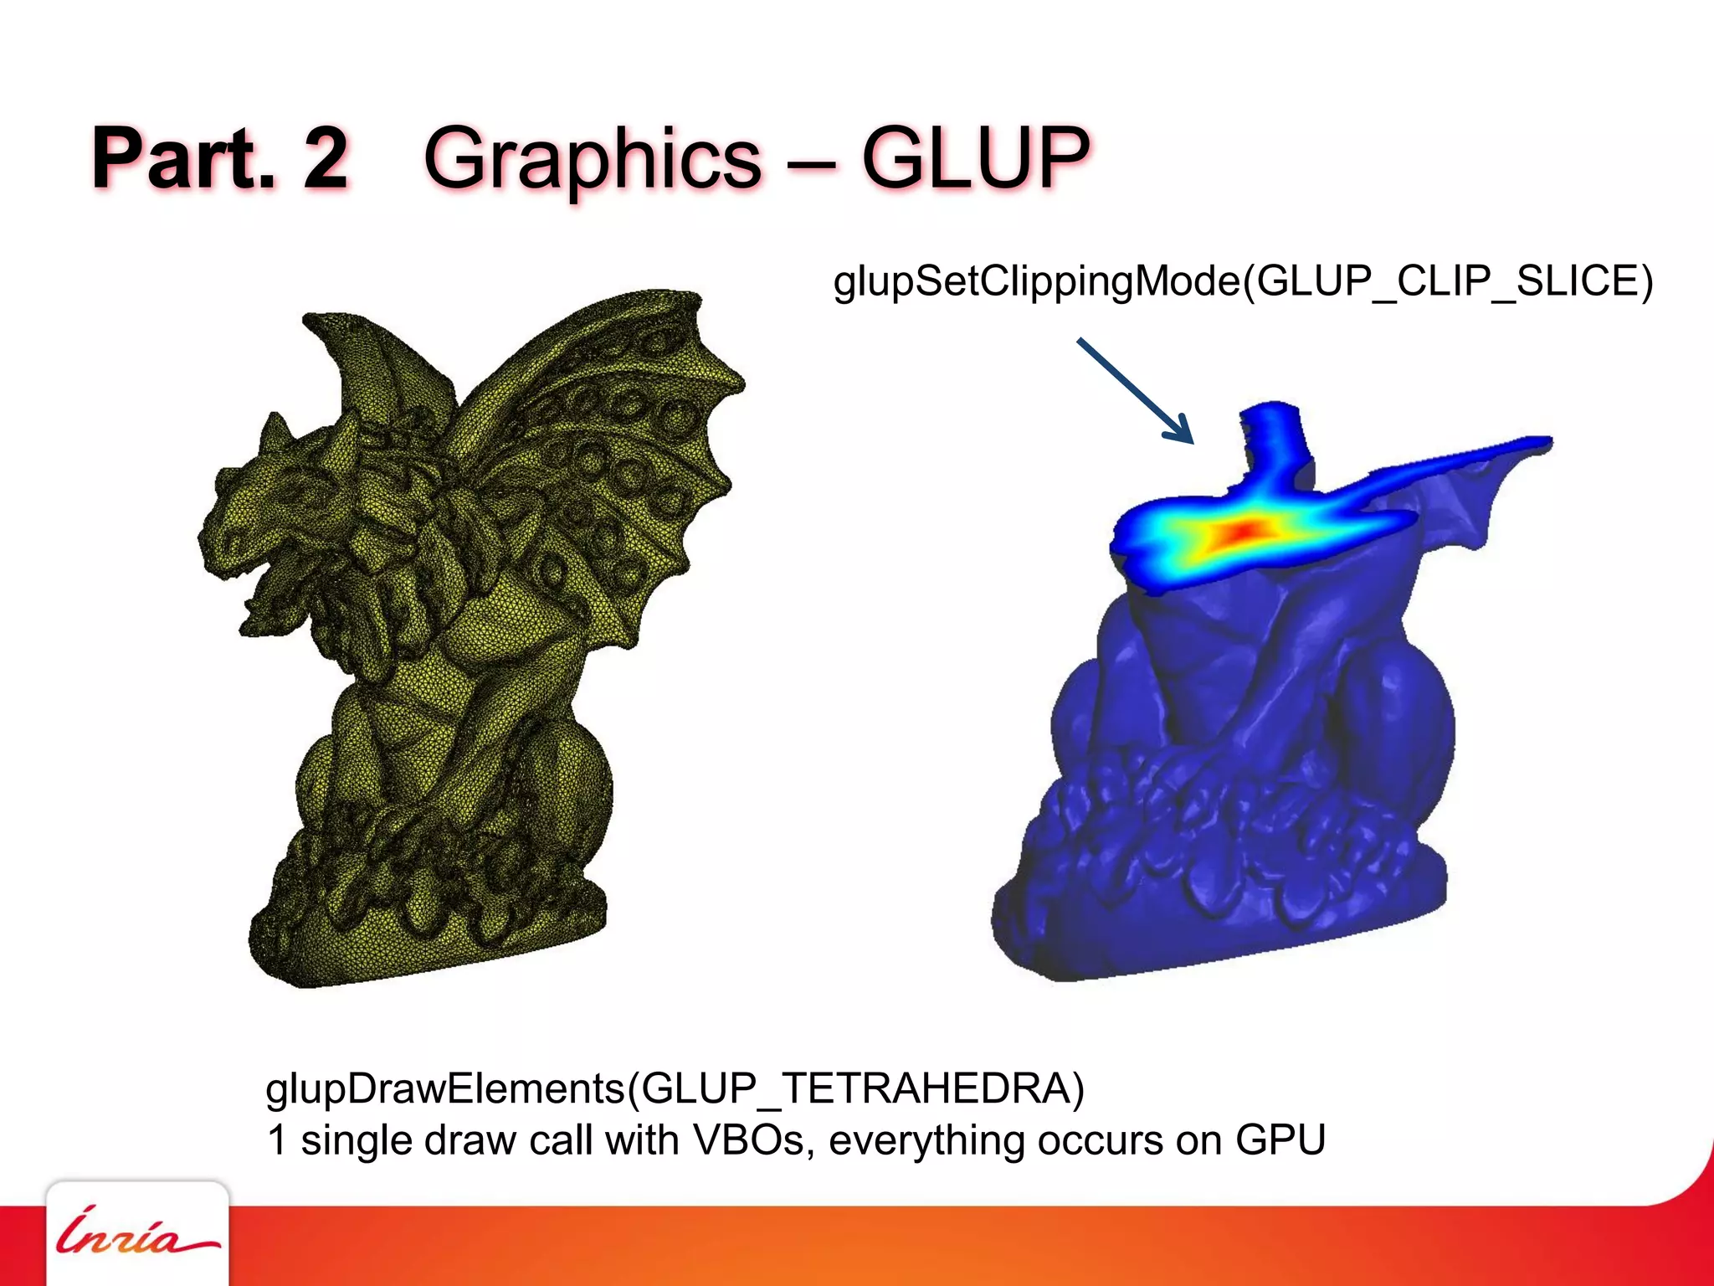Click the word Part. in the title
pyautogui.click(x=183, y=157)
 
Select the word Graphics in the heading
pyautogui.click(x=593, y=159)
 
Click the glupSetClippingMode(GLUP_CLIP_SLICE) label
pyautogui.click(x=1243, y=281)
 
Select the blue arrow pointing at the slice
pyautogui.click(x=1135, y=390)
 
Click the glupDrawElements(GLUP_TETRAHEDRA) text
pyautogui.click(x=675, y=1088)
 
